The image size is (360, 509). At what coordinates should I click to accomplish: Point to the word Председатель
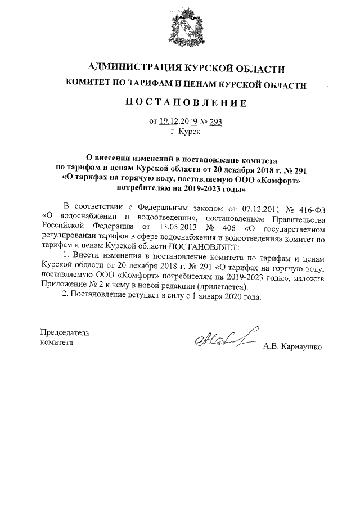pyautogui.click(x=65, y=332)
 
